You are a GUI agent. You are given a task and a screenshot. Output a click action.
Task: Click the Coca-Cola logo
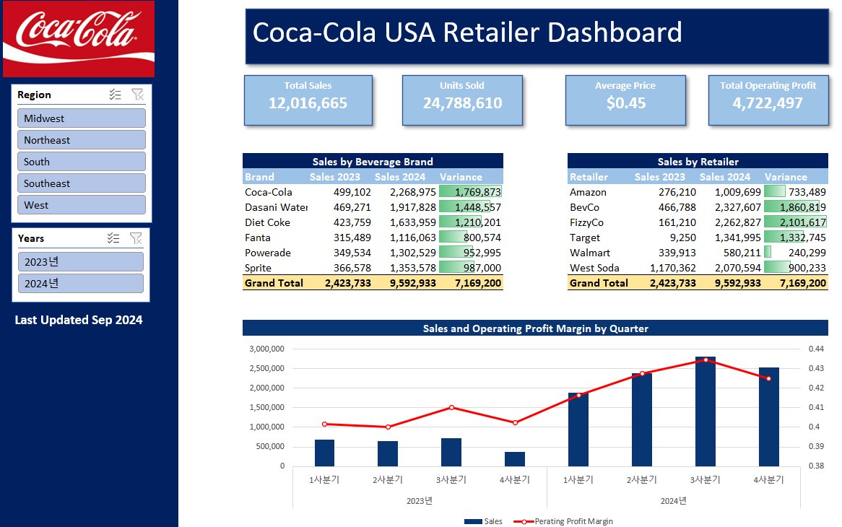[x=79, y=39]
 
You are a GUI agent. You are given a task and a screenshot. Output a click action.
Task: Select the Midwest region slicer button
[x=81, y=118]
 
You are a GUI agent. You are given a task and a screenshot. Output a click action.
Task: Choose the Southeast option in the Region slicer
[x=81, y=183]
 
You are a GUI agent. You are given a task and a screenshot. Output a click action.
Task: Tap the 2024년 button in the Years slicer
[x=81, y=284]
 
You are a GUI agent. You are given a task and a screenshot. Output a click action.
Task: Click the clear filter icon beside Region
[x=137, y=95]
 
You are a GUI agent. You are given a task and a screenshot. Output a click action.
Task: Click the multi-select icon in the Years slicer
[x=113, y=238]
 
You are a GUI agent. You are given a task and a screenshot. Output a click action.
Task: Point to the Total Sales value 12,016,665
[x=308, y=103]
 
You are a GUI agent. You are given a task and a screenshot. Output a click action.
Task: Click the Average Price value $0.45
[x=625, y=103]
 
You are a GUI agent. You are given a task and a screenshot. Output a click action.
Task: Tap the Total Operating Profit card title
[x=768, y=85]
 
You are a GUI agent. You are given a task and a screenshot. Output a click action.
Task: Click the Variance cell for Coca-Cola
[x=470, y=192]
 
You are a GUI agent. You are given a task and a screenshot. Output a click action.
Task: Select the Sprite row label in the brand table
[x=259, y=268]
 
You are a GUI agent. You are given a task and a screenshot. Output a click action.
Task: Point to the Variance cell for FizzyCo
[x=795, y=222]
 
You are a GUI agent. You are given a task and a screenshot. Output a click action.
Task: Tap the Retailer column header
[x=589, y=177]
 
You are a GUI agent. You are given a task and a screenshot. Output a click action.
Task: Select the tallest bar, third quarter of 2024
[x=705, y=411]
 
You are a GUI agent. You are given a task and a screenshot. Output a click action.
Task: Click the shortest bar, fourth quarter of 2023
[x=514, y=459]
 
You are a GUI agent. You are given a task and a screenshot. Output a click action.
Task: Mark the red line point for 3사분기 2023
[x=451, y=407]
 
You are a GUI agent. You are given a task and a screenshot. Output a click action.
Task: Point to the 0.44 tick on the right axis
[x=816, y=349]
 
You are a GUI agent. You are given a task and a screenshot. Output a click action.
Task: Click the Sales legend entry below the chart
[x=483, y=521]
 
